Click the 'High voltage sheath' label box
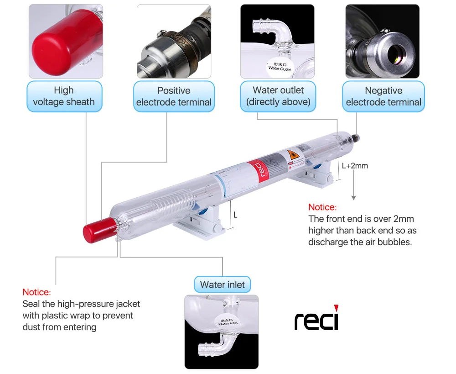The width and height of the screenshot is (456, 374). tap(64, 96)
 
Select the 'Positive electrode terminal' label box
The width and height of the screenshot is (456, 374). tap(174, 96)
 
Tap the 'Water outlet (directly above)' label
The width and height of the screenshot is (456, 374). tap(278, 96)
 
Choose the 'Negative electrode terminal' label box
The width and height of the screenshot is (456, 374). tap(383, 96)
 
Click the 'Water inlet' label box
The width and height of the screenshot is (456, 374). tap(222, 284)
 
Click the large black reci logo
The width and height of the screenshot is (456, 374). tap(316, 320)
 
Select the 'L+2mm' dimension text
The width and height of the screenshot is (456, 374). tap(355, 166)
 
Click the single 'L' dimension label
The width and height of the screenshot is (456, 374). tap(235, 214)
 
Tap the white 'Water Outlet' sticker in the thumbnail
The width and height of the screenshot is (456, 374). tap(280, 67)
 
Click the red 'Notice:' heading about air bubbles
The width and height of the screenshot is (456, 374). tap(322, 207)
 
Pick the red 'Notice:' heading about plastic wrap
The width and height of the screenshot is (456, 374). tap(36, 292)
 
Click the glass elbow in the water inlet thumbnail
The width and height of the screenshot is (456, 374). tap(211, 346)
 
